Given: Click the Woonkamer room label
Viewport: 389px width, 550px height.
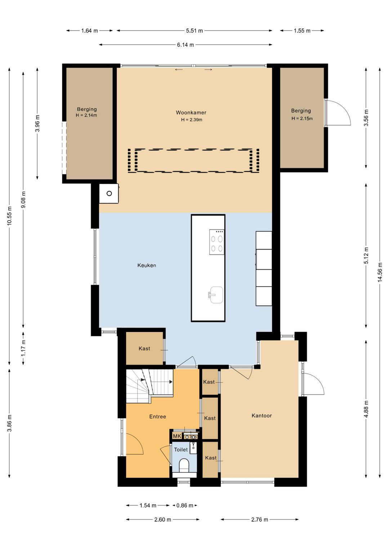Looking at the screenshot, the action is pos(191,113).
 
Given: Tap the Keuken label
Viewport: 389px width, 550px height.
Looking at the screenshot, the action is pos(147,265).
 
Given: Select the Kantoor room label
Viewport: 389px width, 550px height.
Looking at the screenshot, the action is pos(261,416).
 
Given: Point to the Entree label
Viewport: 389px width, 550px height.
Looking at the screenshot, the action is pos(157,416).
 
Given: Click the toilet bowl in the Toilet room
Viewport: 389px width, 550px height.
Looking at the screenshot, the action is pos(184,465).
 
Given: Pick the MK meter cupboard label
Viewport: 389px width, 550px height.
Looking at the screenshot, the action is pos(177,436).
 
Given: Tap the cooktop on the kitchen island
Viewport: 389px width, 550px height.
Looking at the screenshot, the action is pos(217,242).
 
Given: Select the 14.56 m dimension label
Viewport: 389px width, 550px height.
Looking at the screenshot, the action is pos(380,272).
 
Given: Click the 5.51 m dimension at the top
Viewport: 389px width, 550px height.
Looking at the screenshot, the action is pos(194,31).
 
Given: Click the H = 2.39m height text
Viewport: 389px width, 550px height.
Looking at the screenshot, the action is pos(192,120).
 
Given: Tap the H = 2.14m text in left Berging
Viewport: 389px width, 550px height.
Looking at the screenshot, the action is pos(86,115).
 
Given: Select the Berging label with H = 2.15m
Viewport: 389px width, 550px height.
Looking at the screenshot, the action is pos(301,111).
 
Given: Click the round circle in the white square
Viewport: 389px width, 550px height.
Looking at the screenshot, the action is pos(109,194).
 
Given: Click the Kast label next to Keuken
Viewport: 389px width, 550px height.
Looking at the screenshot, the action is pos(144,349).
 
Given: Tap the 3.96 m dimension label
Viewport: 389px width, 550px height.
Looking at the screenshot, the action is pos(37,123).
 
